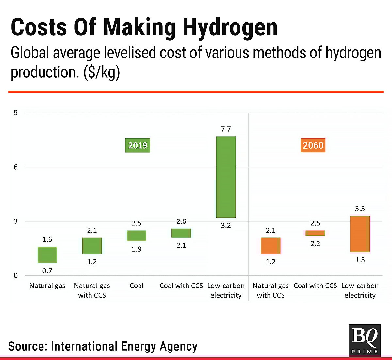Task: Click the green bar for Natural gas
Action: coord(47,255)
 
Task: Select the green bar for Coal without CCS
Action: coord(137,236)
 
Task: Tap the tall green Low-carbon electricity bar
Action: coord(226,177)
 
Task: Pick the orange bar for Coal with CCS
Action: coord(315,233)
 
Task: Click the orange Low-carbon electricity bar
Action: coord(360,234)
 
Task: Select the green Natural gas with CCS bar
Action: coord(92,246)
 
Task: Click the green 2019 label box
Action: coord(138,145)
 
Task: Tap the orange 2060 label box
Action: coord(313,145)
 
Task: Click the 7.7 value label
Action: coord(226,129)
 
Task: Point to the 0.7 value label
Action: coord(47,271)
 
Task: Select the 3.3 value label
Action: coord(360,209)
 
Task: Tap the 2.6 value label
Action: coord(181,222)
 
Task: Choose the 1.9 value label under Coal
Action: coord(137,249)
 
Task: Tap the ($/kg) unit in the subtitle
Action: coord(102,72)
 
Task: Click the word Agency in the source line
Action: coord(178,346)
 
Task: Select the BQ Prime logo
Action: coord(365,340)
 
